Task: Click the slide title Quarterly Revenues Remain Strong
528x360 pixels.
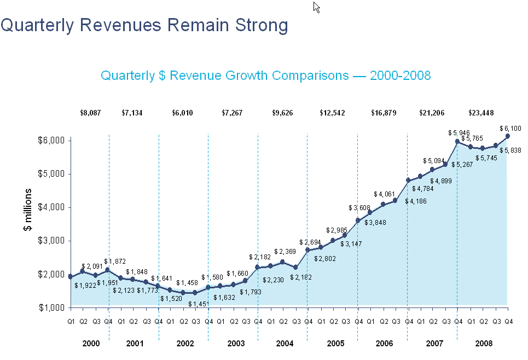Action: [x=144, y=25]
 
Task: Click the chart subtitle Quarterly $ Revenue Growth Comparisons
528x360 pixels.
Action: [x=266, y=76]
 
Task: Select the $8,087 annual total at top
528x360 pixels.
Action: [x=90, y=113]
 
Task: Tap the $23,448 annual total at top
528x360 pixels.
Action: [x=481, y=113]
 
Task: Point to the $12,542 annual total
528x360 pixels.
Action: [x=332, y=113]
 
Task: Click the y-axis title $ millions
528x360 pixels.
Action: [x=27, y=210]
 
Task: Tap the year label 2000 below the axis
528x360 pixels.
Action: [x=90, y=343]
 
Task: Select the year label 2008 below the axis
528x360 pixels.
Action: [x=483, y=343]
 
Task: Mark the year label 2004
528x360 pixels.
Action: [x=284, y=343]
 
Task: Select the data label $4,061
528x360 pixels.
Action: [x=384, y=194]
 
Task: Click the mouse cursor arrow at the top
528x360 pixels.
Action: [x=316, y=7]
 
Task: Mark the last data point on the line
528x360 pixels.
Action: [x=508, y=136]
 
